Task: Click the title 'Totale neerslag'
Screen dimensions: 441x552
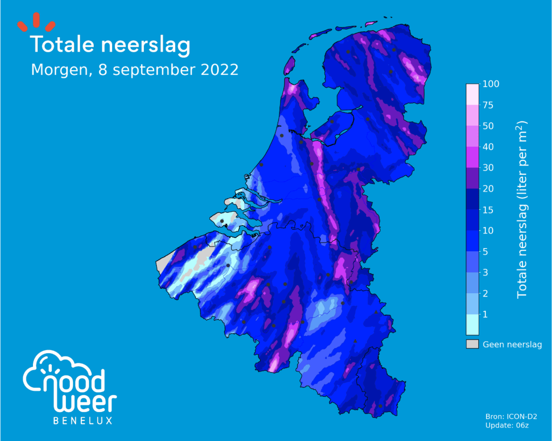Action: pyautogui.click(x=111, y=45)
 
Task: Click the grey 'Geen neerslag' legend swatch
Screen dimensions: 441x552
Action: pyautogui.click(x=472, y=344)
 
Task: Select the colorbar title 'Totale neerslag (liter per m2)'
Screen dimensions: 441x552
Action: pyautogui.click(x=522, y=209)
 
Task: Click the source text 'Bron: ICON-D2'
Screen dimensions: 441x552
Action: pyautogui.click(x=512, y=417)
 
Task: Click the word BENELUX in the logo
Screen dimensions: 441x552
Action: pyautogui.click(x=83, y=421)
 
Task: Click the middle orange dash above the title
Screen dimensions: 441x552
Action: pyautogui.click(x=37, y=20)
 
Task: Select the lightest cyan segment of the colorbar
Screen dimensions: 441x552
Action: pyautogui.click(x=472, y=325)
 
